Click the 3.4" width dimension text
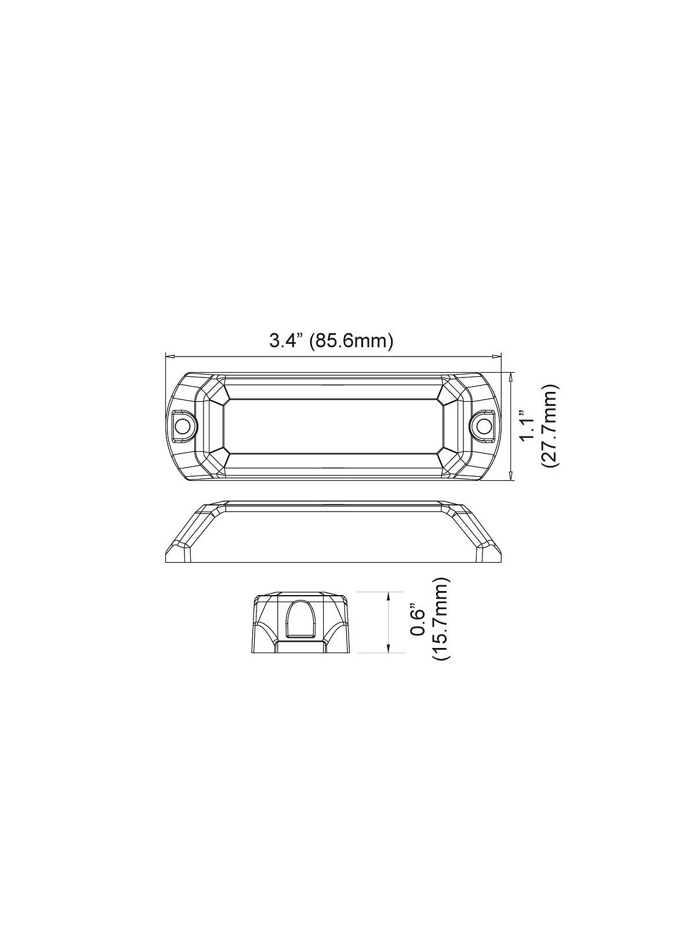[286, 340]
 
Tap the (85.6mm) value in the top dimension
[352, 340]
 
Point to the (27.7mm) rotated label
[548, 426]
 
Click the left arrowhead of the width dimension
[169, 357]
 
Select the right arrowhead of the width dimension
[498, 357]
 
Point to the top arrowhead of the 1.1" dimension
[510, 376]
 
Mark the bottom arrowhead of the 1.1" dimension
[510, 477]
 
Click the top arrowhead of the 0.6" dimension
[387, 594]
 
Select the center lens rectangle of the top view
[333, 426]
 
